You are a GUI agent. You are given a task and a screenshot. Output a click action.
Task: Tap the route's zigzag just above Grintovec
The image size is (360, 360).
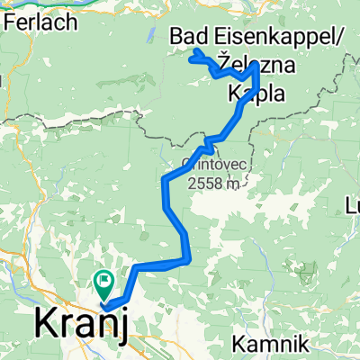pos(209,142)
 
